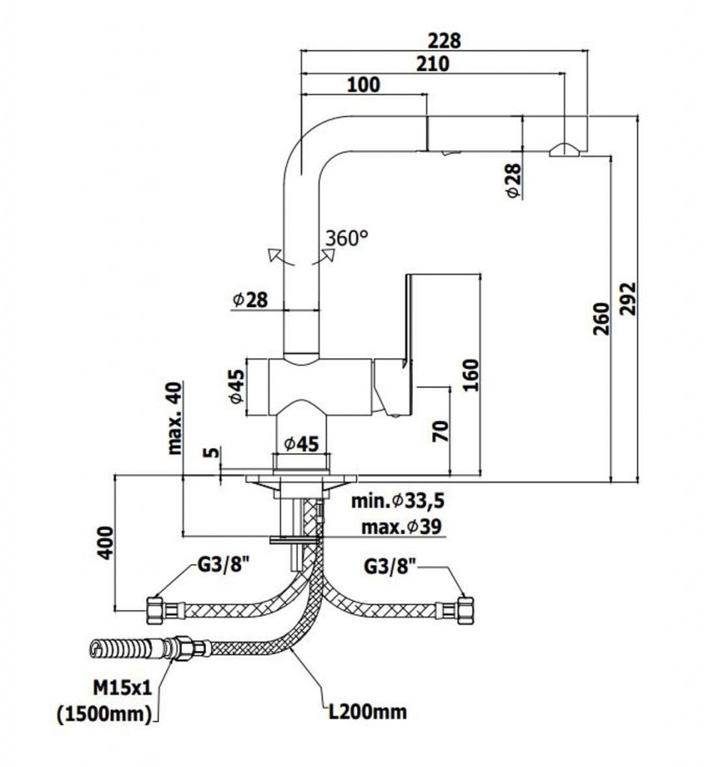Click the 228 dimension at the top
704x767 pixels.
[443, 40]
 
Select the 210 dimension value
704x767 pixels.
[432, 64]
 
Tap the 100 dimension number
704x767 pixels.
[364, 85]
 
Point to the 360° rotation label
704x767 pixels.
[348, 238]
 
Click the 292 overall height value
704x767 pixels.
[627, 299]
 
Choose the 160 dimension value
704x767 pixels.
[470, 375]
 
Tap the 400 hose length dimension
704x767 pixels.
[106, 542]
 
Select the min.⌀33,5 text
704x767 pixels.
[397, 500]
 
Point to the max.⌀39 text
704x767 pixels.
[401, 527]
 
